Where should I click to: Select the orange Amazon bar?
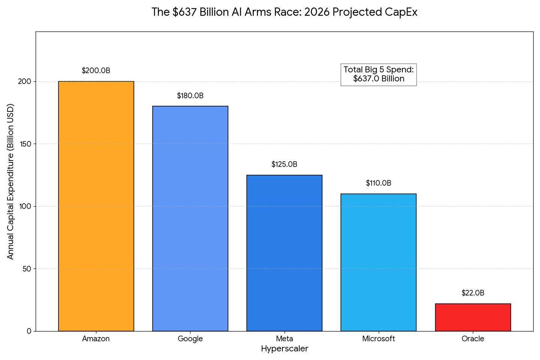pyautogui.click(x=96, y=206)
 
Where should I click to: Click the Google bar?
pyautogui.click(x=190, y=219)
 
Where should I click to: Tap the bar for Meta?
pyautogui.click(x=284, y=253)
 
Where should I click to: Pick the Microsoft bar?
pyautogui.click(x=378, y=262)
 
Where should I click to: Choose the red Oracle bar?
pyautogui.click(x=473, y=317)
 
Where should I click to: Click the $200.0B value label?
pyautogui.click(x=96, y=70)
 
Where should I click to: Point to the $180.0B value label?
pyautogui.click(x=190, y=96)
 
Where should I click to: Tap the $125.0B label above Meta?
pyautogui.click(x=284, y=164)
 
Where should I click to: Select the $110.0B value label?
pyautogui.click(x=378, y=183)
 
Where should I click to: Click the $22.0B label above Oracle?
pyautogui.click(x=473, y=293)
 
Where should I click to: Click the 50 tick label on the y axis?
pyautogui.click(x=27, y=269)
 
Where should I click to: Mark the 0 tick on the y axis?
pyautogui.click(x=29, y=331)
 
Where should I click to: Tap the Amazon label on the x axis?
pyautogui.click(x=96, y=339)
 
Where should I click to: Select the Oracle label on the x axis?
pyautogui.click(x=473, y=339)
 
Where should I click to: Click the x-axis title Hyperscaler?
pyautogui.click(x=284, y=349)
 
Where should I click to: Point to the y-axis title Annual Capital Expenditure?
pyautogui.click(x=10, y=181)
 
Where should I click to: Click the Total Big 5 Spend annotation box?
pyautogui.click(x=378, y=74)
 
